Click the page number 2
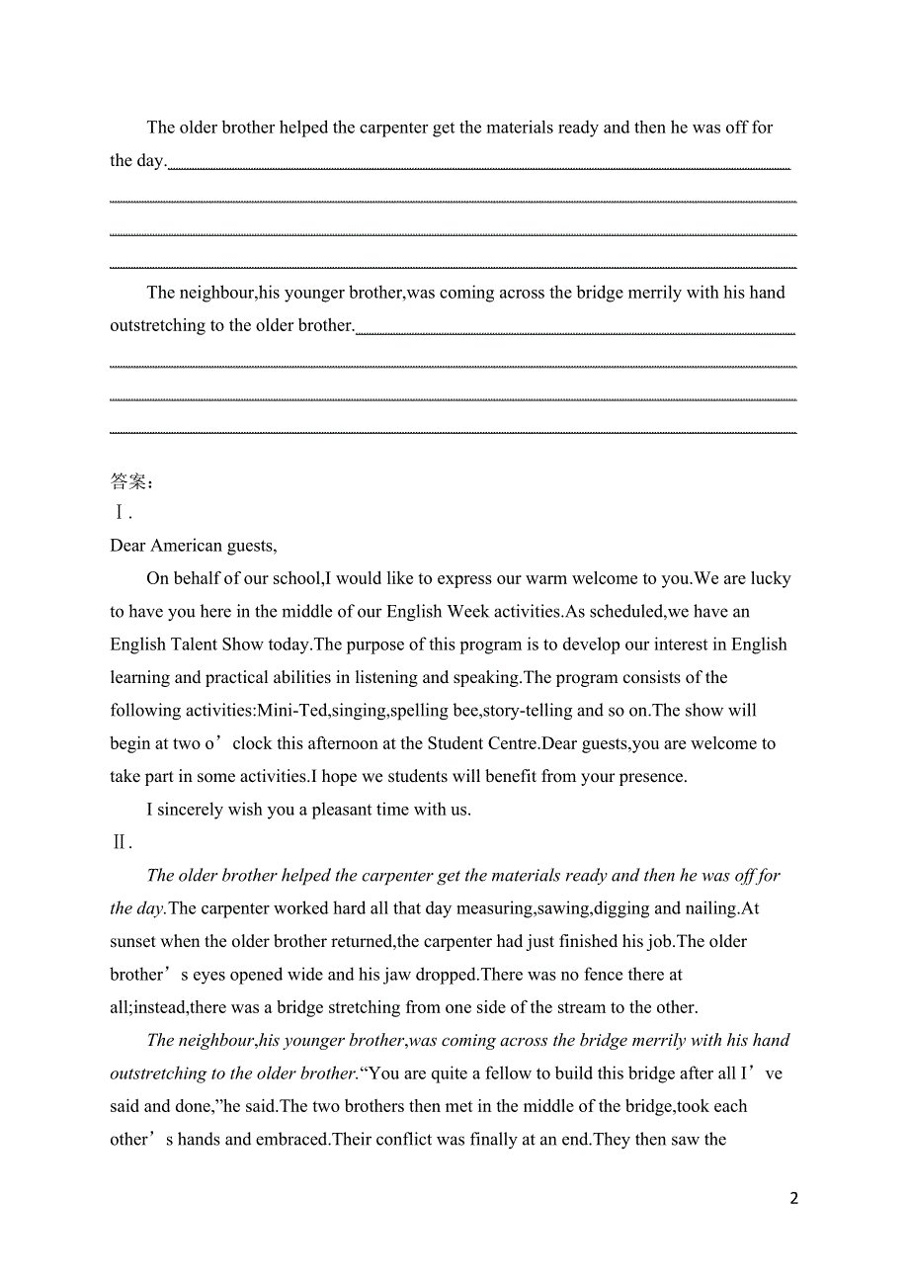pyautogui.click(x=793, y=1198)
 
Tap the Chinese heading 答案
pyautogui.click(x=128, y=481)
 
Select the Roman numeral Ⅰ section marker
pyautogui.click(x=121, y=513)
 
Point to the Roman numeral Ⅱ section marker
pyautogui.click(x=121, y=842)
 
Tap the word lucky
pyautogui.click(x=771, y=578)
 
